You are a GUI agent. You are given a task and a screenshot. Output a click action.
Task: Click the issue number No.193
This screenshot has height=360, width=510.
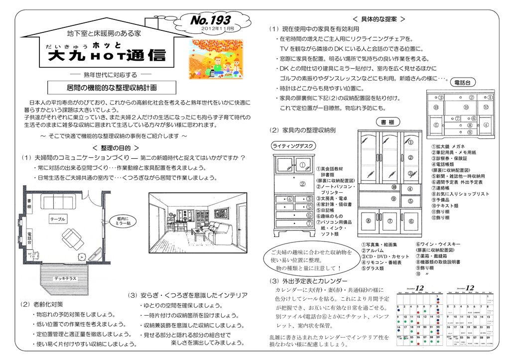click(x=211, y=20)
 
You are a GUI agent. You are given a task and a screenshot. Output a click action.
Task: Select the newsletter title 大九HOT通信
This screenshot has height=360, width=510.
click(x=107, y=55)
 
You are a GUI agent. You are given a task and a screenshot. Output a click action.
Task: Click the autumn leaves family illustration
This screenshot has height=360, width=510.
click(x=217, y=59)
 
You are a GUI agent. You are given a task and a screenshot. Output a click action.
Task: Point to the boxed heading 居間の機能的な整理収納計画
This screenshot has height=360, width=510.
click(x=111, y=88)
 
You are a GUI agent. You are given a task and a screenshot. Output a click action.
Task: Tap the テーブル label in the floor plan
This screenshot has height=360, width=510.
click(x=58, y=219)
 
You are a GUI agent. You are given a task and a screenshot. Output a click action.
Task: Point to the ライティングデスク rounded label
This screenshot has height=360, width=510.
click(x=293, y=146)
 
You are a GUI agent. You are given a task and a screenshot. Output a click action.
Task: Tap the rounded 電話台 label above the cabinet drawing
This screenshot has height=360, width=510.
click(x=463, y=82)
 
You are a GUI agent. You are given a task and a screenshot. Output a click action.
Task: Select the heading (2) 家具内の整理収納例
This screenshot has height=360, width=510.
click(x=302, y=130)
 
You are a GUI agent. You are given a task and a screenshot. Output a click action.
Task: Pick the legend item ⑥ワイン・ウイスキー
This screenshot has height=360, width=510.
click(x=438, y=244)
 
